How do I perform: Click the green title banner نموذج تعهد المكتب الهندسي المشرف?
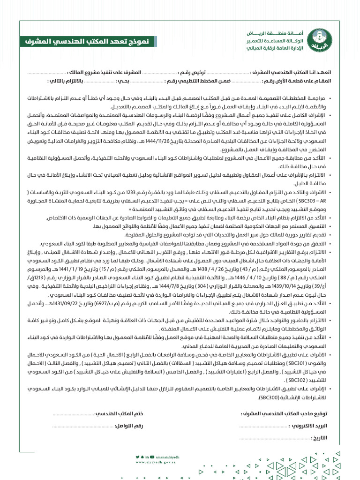pyautogui.click(x=88, y=42)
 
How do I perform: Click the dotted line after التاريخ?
pyautogui.click(x=274, y=439)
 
